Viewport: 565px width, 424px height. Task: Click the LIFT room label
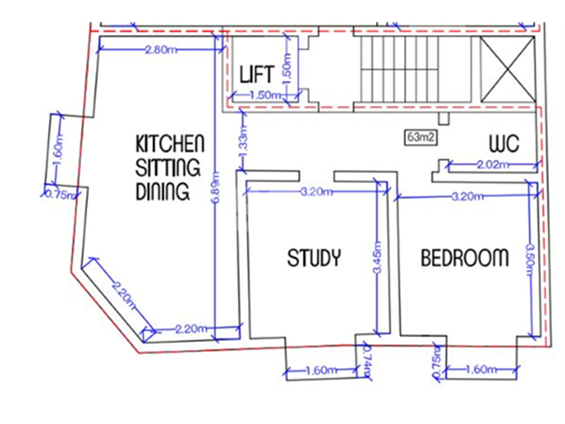257,74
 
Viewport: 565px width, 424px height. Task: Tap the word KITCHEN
170,143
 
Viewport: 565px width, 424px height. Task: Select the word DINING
162,192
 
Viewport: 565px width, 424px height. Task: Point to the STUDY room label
314,258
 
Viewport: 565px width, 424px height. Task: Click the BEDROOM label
465,258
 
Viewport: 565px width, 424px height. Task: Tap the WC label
504,143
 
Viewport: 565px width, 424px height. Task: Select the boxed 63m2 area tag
421,137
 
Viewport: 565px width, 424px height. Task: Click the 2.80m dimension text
161,49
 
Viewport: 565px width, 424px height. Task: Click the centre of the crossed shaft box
508,69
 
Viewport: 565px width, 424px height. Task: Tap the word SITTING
168,167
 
